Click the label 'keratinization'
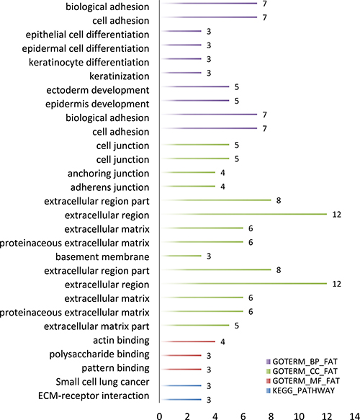tap(119, 76)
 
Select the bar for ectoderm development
tap(194, 86)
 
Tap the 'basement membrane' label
tap(102, 257)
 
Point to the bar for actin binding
tap(188, 341)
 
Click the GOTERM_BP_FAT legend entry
tap(302, 362)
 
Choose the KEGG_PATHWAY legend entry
tap(300, 390)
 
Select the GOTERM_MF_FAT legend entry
tap(302, 381)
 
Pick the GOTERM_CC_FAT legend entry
tap(302, 371)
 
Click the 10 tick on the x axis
tap(299, 416)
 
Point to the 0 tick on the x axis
tap(160, 416)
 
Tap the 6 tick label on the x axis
tap(243, 416)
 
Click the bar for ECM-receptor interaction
tap(181, 399)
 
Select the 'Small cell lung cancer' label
tap(102, 382)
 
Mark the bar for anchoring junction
tap(188, 172)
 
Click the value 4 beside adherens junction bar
tap(222, 187)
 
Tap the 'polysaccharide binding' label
tap(99, 354)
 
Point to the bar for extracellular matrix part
tap(194, 325)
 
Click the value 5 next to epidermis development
tap(237, 101)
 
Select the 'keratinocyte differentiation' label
tap(89, 63)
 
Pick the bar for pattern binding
tap(181, 370)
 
